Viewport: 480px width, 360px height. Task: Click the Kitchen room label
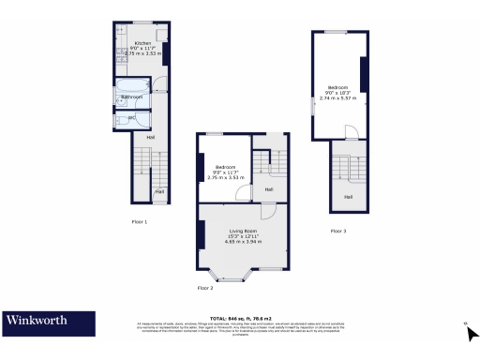(142, 43)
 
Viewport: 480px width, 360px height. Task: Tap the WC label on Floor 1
(132, 116)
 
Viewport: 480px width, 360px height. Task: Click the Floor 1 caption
(140, 221)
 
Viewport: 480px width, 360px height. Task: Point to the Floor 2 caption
(205, 287)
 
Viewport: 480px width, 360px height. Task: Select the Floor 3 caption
(338, 230)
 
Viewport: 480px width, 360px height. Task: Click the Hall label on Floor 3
(348, 196)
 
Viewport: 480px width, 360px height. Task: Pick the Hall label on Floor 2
(268, 189)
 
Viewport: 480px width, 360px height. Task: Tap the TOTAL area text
(242, 318)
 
